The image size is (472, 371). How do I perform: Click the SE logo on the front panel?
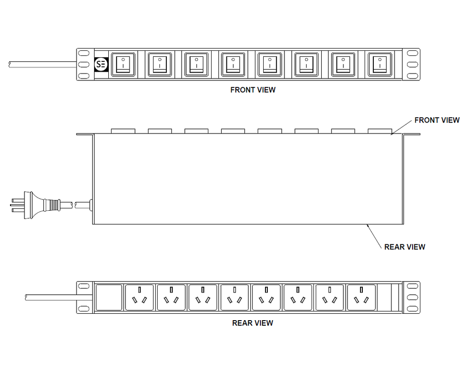[101, 65]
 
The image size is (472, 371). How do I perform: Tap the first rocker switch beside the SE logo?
[123, 64]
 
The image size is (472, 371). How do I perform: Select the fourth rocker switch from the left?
[233, 64]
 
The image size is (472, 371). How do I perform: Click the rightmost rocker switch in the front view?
[380, 64]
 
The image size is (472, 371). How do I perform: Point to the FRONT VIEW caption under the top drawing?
[253, 90]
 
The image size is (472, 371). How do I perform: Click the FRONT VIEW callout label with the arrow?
[437, 120]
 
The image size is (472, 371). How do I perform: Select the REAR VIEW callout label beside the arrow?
[405, 247]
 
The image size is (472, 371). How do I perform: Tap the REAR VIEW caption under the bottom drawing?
[253, 323]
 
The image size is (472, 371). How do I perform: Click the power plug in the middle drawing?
[35, 205]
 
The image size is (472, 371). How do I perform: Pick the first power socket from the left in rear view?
[139, 298]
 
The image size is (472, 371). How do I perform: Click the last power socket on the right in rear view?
[361, 298]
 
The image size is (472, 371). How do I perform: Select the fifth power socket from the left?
[266, 298]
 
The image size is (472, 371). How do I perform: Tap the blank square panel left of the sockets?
[109, 298]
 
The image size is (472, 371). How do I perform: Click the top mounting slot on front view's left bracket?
[84, 54]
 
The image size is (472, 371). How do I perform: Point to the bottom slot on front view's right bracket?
[413, 76]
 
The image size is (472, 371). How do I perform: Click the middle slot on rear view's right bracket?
[413, 298]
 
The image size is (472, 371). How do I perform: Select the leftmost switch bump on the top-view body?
[123, 131]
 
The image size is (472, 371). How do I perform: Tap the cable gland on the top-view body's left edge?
[91, 205]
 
